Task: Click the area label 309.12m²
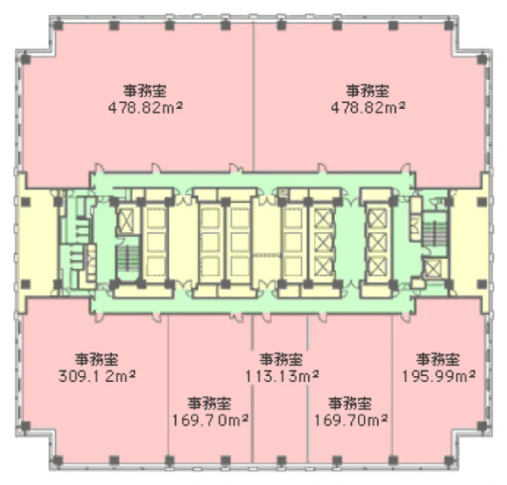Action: pos(97,377)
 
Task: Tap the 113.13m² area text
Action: pos(282,376)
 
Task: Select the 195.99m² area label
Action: pos(439,376)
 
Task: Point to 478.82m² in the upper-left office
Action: pos(145,108)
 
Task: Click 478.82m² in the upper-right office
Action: pos(368,108)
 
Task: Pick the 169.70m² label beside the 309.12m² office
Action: pos(210,420)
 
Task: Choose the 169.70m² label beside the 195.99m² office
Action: pos(351,420)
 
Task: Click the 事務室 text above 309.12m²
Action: pos(97,360)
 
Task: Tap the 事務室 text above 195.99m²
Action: pos(438,360)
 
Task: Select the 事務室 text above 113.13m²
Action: pos(281,360)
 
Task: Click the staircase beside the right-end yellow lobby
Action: pos(435,233)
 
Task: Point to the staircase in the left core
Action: pos(128,259)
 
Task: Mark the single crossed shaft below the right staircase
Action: pos(434,268)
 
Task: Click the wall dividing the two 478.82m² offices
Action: pos(254,97)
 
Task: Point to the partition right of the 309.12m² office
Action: pos(169,388)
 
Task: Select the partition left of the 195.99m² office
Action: pos(392,388)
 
